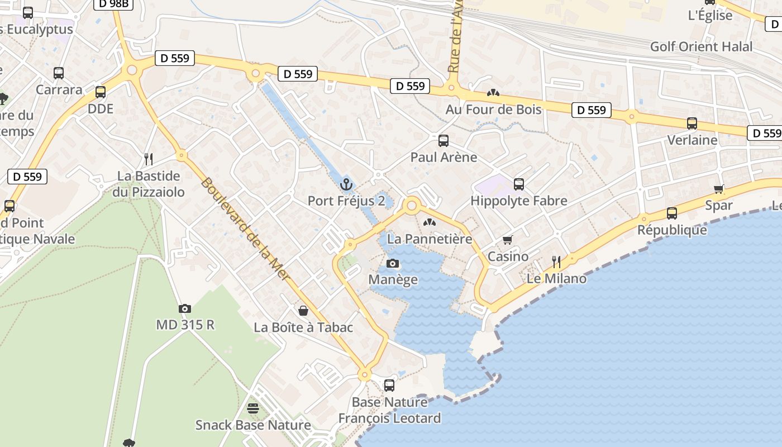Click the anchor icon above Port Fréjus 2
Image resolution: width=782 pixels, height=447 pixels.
click(x=346, y=184)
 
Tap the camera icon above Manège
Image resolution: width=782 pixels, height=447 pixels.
click(x=393, y=263)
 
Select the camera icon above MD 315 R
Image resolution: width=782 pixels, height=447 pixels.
click(x=185, y=308)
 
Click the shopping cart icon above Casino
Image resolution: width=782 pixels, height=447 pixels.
click(x=507, y=240)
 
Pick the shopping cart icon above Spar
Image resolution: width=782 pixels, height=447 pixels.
click(x=718, y=189)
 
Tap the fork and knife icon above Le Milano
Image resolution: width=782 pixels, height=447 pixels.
click(x=556, y=262)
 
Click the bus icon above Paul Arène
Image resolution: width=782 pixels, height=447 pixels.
click(x=444, y=141)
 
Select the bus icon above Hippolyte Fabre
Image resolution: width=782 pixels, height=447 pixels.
click(x=519, y=184)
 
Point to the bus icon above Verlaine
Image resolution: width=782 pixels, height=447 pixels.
click(x=692, y=123)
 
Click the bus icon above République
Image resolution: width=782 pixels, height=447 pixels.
click(x=672, y=213)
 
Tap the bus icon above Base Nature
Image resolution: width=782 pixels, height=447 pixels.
click(x=389, y=385)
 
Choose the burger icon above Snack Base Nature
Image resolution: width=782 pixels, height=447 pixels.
click(x=253, y=408)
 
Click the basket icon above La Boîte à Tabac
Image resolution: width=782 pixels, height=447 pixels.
click(x=303, y=311)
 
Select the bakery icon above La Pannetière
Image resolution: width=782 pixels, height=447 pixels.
click(x=430, y=222)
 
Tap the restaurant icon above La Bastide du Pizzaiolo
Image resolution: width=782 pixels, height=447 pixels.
click(x=149, y=159)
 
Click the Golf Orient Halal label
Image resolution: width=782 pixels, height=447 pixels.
click(x=702, y=46)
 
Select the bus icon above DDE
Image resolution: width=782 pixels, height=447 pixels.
click(x=101, y=92)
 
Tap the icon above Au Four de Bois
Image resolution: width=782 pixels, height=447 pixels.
click(x=493, y=93)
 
